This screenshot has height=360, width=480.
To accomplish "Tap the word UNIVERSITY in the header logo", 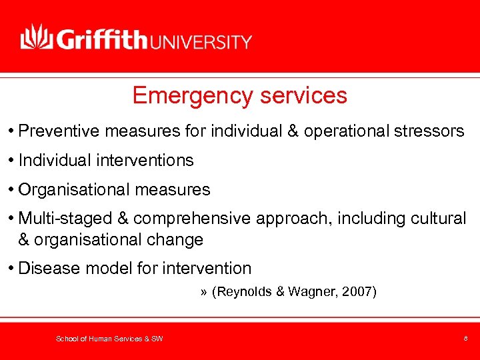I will tap(202, 42).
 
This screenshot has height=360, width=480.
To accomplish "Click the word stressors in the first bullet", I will tap(431, 131).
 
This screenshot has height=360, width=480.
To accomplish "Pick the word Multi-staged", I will tap(73, 219).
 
